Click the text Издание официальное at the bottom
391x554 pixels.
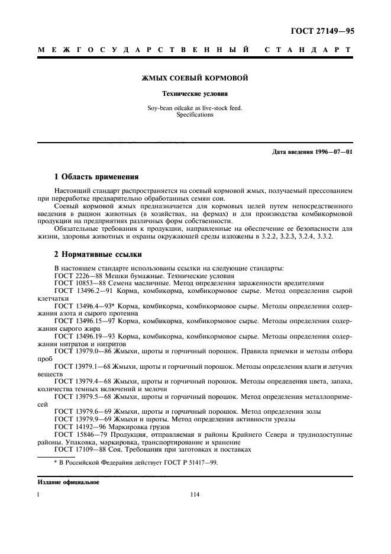(x=68, y=482)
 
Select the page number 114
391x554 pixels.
(x=195, y=495)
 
